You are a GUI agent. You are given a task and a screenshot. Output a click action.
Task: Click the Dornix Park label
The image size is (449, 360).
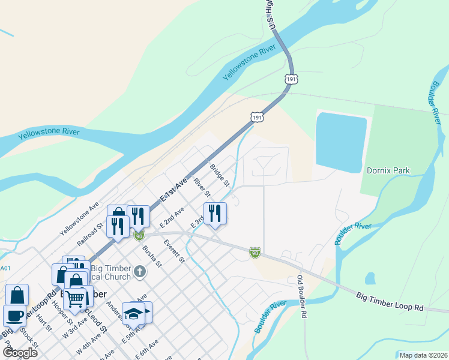click(x=388, y=170)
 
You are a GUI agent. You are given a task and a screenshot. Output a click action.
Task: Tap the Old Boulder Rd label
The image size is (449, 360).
click(x=301, y=296)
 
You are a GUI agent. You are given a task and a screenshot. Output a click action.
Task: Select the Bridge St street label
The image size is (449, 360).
click(x=219, y=175)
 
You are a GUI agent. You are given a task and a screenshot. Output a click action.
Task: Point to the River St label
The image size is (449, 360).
click(x=202, y=187)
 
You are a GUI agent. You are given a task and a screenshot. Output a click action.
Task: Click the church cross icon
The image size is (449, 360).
click(x=139, y=272)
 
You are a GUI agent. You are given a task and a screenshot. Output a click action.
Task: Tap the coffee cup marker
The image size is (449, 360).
click(x=14, y=315)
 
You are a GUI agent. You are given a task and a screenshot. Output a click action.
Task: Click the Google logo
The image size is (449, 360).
click(x=20, y=352)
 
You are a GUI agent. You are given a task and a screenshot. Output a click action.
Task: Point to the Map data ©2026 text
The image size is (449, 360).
click(x=423, y=355)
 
